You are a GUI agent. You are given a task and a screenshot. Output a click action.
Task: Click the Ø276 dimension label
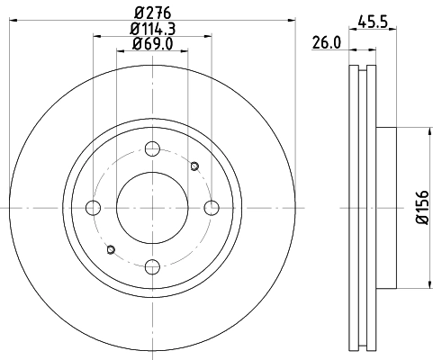[151, 13]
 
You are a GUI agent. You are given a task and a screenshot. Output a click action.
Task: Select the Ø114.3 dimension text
[151, 29]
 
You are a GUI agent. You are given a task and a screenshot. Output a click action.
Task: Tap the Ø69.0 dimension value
[151, 44]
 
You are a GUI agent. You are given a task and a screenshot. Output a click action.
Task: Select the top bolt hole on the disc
[152, 149]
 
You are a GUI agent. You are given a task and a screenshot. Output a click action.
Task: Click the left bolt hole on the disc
[93, 208]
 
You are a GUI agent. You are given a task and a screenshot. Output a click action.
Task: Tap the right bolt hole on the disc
[211, 208]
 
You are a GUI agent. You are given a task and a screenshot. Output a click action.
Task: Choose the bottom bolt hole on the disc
[152, 266]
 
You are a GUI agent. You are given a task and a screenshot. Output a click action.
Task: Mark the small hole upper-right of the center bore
[194, 166]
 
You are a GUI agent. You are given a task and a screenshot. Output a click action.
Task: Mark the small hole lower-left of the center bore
[110, 249]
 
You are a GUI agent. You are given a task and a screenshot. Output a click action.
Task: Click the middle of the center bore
[152, 208]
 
